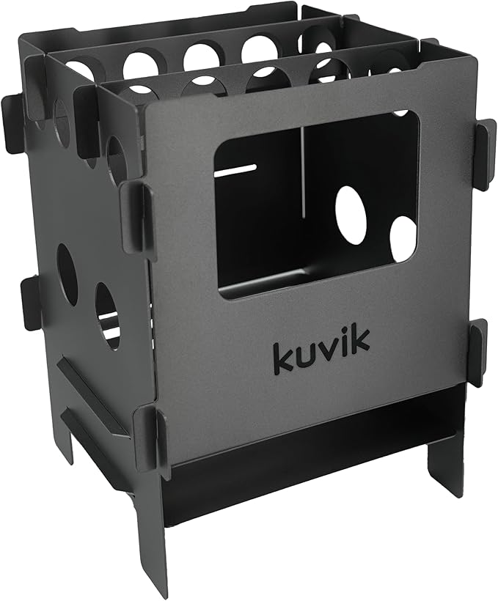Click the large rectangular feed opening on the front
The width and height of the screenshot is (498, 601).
tap(315, 205)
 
